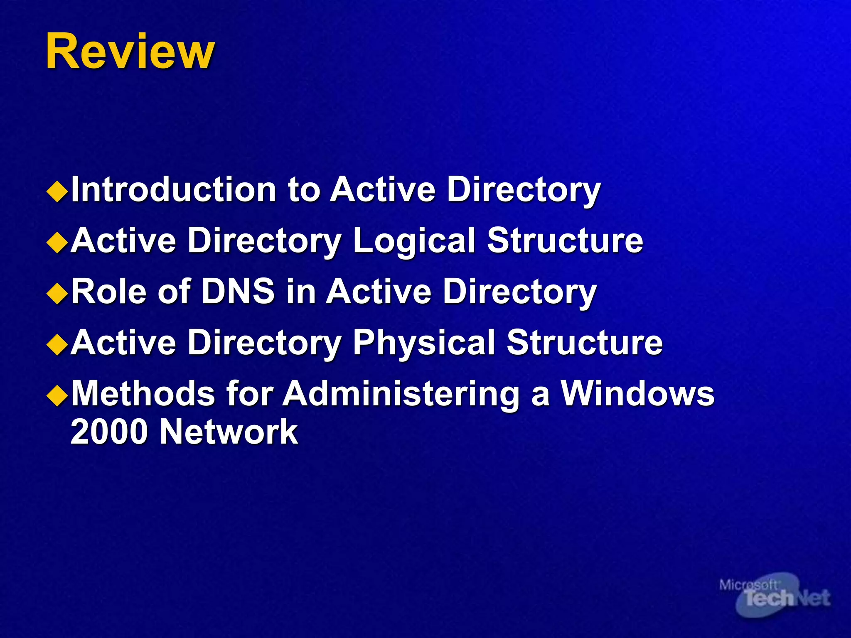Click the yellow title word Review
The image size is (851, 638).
(130, 52)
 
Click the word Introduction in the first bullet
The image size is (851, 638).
(174, 189)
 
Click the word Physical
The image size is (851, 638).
(423, 343)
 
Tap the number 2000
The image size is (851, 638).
(109, 432)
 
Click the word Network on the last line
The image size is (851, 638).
(229, 432)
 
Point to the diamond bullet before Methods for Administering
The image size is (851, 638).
(57, 396)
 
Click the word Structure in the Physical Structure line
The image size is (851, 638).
(584, 342)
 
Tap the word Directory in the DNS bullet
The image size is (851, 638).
(519, 292)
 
